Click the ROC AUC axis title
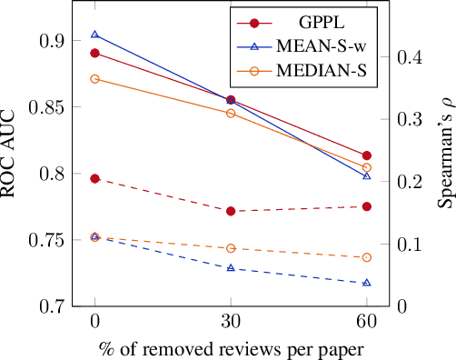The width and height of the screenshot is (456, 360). (14, 155)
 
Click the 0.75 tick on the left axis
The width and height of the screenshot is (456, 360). (45, 240)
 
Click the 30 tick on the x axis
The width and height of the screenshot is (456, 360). (231, 322)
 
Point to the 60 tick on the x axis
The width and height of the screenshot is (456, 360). (366, 322)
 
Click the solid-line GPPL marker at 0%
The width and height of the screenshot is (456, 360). (94, 53)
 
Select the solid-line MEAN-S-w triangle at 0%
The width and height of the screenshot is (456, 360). (94, 35)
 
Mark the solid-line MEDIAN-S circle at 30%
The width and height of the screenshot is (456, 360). (231, 114)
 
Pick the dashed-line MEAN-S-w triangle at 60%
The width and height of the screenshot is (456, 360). (366, 283)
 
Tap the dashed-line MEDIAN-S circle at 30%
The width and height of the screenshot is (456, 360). (231, 248)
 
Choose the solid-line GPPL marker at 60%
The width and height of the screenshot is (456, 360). (366, 155)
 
